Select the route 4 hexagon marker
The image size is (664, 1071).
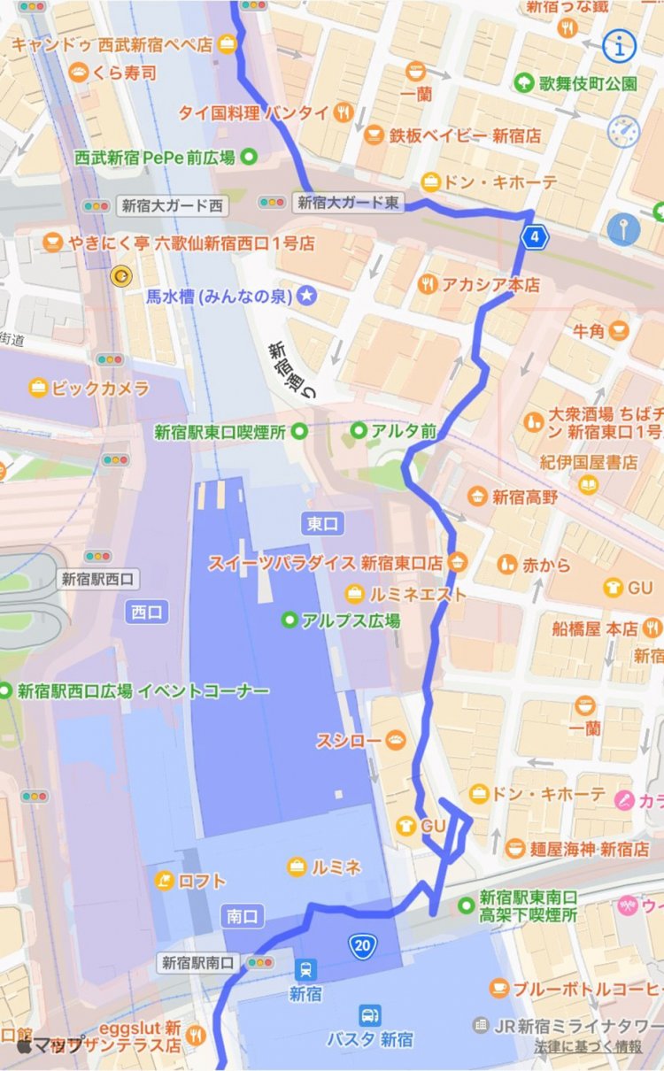click(x=534, y=236)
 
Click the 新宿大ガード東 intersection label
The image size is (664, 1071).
click(x=347, y=203)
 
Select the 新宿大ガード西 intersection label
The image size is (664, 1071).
click(x=172, y=205)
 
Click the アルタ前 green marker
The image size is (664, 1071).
click(x=359, y=431)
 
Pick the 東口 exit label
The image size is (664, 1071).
click(x=323, y=523)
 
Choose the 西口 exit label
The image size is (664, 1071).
click(x=147, y=611)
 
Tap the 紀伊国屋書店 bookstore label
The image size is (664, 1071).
click(x=589, y=461)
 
